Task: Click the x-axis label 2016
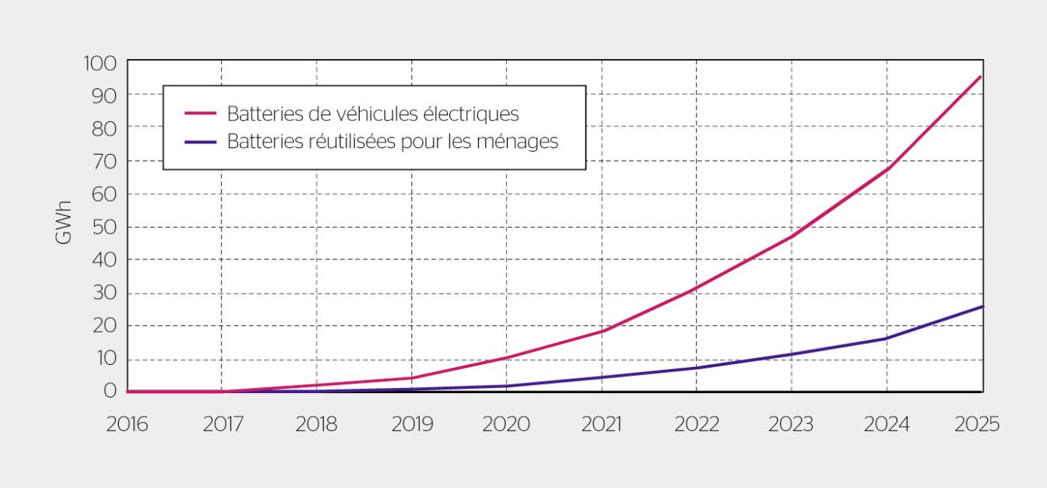tap(126, 424)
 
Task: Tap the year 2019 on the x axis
tap(412, 424)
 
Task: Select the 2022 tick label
tap(696, 424)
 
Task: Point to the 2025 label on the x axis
tap(977, 424)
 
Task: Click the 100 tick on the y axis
tap(99, 63)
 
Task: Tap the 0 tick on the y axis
tap(110, 390)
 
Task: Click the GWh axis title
tap(64, 222)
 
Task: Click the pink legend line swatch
tap(200, 114)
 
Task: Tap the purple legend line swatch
tap(200, 141)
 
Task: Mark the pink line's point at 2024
tap(887, 169)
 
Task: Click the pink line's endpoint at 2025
tap(980, 76)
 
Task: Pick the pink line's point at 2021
tap(602, 330)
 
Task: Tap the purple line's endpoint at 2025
tap(981, 306)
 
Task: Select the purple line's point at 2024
tap(887, 338)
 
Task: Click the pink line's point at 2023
tap(792, 236)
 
